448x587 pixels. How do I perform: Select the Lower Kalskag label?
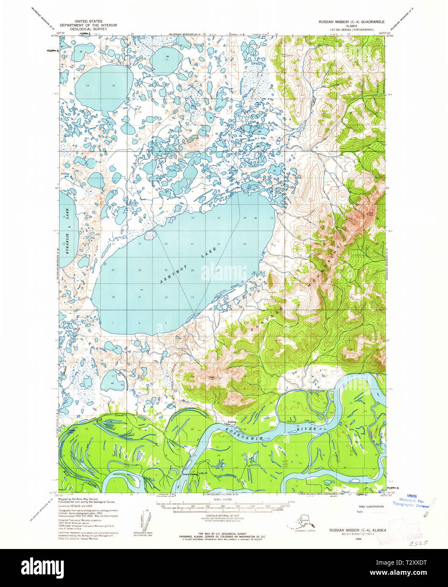tap(190, 474)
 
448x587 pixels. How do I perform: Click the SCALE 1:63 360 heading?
tap(224, 500)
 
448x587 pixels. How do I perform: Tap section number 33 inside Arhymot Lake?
tap(193, 297)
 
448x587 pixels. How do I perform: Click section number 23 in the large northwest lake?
tap(87, 86)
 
